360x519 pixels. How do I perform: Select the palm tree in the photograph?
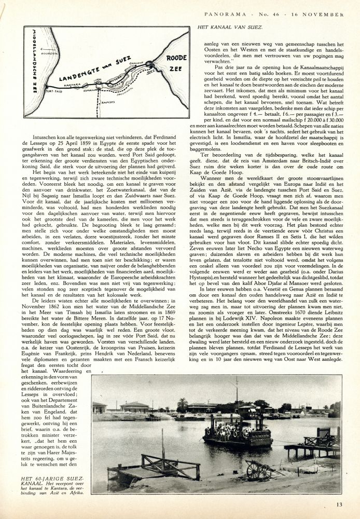(182, 404)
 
